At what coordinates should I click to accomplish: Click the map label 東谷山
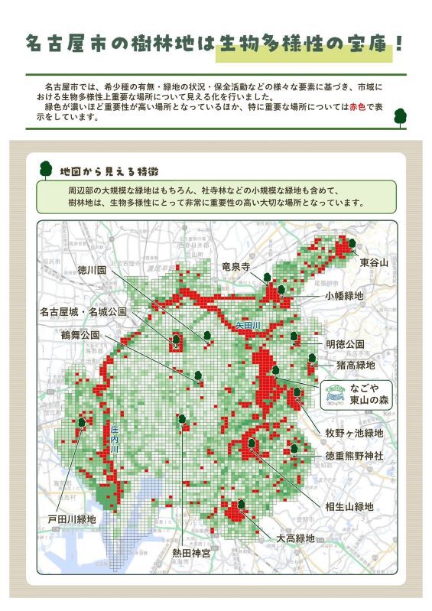[x=375, y=262]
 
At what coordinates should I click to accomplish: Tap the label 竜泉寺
[x=236, y=266]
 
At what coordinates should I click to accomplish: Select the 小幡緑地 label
[x=344, y=295]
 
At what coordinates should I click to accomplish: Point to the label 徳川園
[x=92, y=270]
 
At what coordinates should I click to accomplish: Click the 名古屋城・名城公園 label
[x=83, y=312]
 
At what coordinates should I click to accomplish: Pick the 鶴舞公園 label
[x=80, y=335]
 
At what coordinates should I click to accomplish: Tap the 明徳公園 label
[x=345, y=344]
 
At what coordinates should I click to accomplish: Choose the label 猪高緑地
[x=350, y=365]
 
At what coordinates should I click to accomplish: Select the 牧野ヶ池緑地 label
[x=354, y=434]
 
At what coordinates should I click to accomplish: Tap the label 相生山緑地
[x=349, y=506]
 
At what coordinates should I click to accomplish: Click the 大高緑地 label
[x=295, y=538]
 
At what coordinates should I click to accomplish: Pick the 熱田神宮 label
[x=191, y=552]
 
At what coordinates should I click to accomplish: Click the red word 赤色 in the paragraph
[x=357, y=108]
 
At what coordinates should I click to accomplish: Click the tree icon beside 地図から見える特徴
[x=45, y=168]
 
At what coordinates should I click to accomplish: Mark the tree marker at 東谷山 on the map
[x=352, y=244]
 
